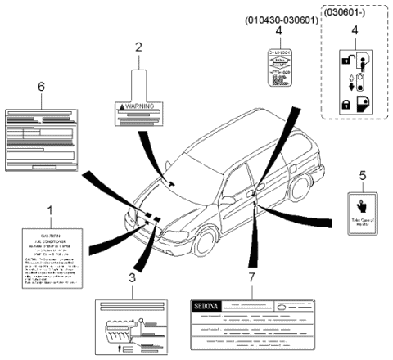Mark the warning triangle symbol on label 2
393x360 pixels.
(122, 107)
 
